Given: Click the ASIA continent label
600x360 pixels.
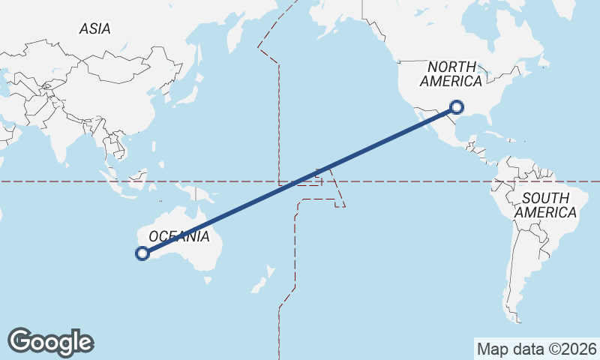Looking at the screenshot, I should coord(94,28).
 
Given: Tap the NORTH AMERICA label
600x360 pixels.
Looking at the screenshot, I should coord(451,73).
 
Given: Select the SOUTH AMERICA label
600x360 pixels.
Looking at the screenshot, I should coord(550,205).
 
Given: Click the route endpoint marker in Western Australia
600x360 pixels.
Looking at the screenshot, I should coord(142,253).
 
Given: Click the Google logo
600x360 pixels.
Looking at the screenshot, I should coord(50,342).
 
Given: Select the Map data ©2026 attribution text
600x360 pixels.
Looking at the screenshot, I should coord(537,349).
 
